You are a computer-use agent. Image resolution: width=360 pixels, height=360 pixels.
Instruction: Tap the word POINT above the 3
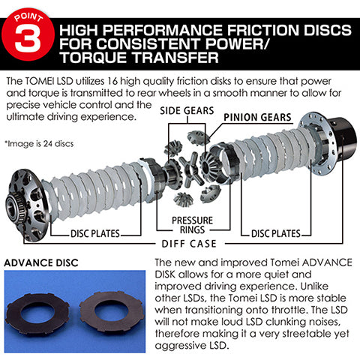pos(31,13)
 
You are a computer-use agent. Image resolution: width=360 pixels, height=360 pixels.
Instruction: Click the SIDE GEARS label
pos(186,110)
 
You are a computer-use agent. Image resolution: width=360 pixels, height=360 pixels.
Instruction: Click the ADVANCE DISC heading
pos(42,262)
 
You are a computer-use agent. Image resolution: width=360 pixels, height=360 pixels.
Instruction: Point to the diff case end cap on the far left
pos(25,199)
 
